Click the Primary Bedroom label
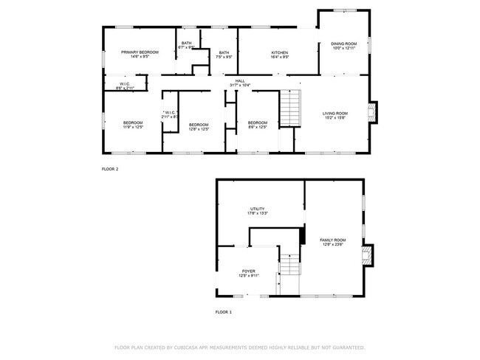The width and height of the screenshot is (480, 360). pyautogui.click(x=140, y=53)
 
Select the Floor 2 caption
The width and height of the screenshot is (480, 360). pyautogui.click(x=110, y=169)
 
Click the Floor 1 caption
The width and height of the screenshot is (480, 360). pyautogui.click(x=223, y=312)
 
